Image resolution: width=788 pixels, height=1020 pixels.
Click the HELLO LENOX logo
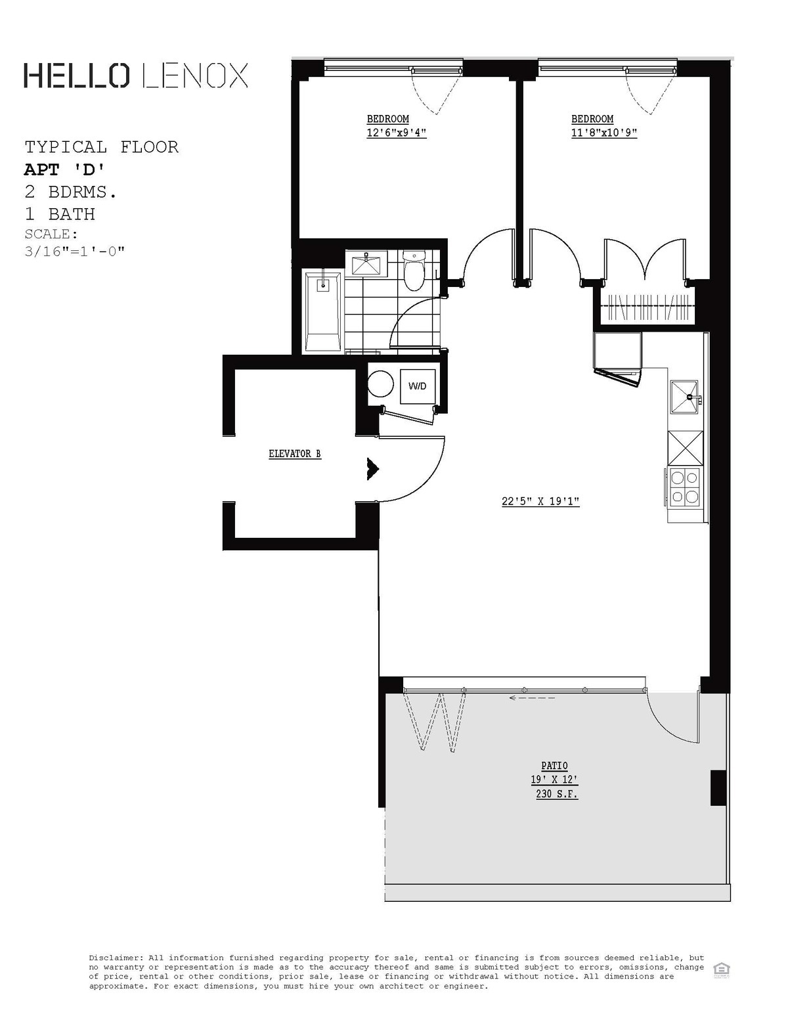136,76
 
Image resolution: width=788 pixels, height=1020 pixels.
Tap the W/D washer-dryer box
417,386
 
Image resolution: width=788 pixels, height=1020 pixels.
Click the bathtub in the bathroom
322,312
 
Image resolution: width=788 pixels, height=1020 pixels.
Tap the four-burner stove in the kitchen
684,488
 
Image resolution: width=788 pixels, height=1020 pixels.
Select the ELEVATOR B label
295,454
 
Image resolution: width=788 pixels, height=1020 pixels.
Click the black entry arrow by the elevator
373,468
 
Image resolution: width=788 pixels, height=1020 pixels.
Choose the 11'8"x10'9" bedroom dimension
604,133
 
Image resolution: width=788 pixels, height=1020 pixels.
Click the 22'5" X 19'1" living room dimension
540,502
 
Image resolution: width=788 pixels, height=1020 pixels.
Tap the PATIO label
554,766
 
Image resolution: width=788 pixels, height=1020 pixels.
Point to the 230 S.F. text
557,794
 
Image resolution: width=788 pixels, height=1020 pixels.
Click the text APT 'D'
64,169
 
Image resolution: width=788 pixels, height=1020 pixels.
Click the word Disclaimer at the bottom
116,958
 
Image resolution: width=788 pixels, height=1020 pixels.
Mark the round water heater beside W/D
380,384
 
